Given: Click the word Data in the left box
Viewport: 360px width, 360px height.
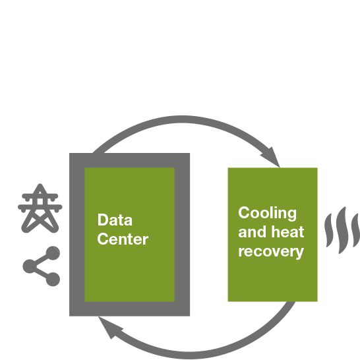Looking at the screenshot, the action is click(x=115, y=220).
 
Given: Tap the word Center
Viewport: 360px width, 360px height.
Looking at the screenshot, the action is click(x=123, y=239).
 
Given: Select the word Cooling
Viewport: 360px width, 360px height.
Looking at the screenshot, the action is click(x=267, y=214).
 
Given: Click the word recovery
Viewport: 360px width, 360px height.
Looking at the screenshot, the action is click(x=271, y=252).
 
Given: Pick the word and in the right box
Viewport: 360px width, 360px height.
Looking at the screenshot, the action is click(x=253, y=231).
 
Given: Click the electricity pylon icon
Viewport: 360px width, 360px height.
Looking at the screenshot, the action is click(x=40, y=208).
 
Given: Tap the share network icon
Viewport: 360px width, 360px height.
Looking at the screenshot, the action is click(x=42, y=266).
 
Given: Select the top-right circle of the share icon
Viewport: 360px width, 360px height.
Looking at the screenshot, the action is click(x=53, y=253).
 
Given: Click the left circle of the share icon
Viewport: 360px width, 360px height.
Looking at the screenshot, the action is click(x=30, y=266).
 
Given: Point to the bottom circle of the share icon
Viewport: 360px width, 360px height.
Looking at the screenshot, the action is click(x=53, y=280).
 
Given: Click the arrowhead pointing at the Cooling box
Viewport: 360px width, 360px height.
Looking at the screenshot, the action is click(x=272, y=158).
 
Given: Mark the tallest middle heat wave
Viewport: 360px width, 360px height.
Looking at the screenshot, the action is click(x=342, y=230).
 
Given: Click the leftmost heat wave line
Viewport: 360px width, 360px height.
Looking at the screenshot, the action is click(x=329, y=230).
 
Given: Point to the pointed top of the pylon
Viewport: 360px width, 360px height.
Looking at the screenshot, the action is click(x=40, y=184).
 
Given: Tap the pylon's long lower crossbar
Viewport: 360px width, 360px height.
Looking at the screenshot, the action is click(x=40, y=207).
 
